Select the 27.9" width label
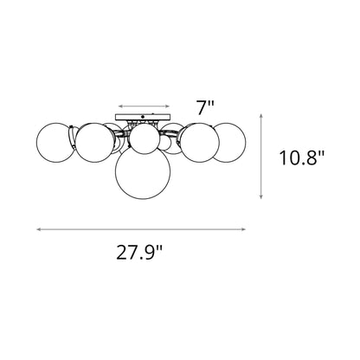click(139, 254)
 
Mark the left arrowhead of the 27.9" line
click(36, 228)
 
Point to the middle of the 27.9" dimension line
click(142, 228)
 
